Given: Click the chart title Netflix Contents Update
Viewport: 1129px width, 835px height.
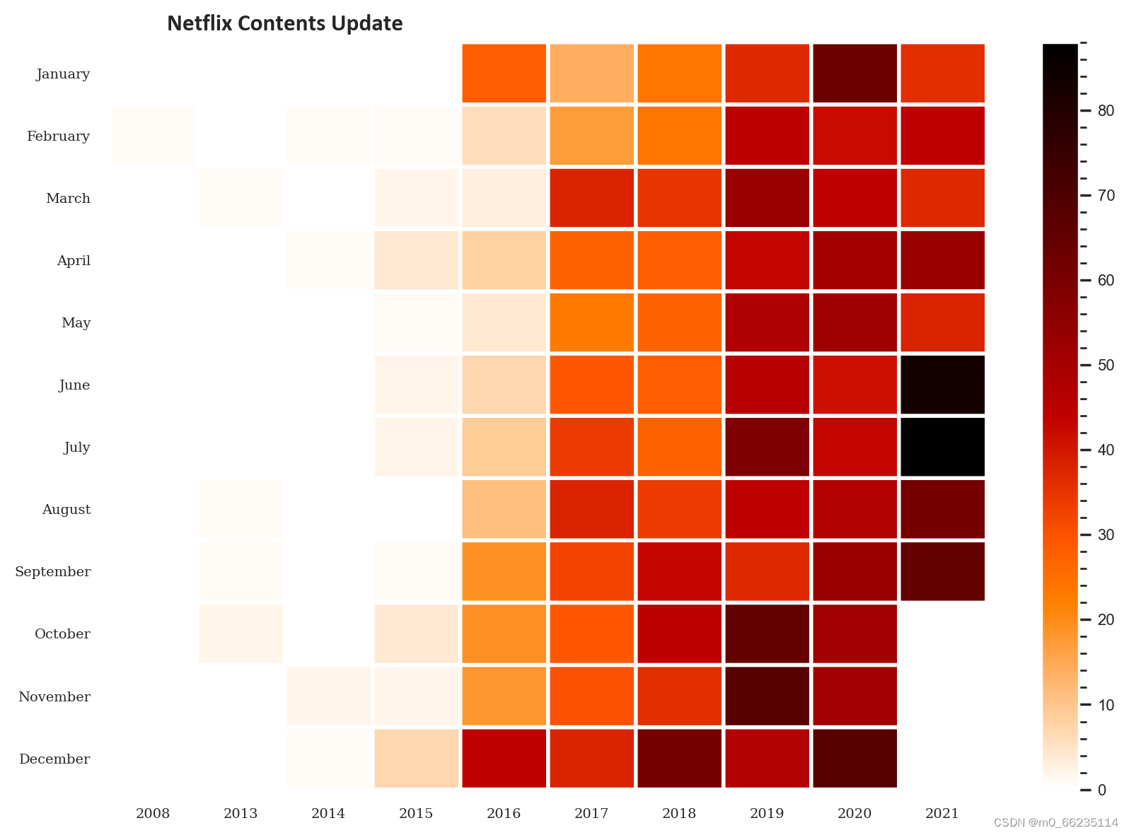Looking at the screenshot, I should [x=284, y=23].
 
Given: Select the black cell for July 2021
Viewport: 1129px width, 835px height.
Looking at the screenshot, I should [x=942, y=447].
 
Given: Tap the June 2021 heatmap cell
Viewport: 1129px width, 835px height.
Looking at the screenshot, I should [x=942, y=385].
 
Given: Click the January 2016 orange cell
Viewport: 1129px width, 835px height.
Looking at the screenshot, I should [x=504, y=74].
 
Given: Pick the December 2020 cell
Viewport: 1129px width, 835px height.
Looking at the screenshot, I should [x=855, y=758].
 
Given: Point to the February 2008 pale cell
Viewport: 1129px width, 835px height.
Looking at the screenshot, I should [x=153, y=136].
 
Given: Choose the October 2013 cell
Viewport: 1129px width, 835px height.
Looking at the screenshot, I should [x=241, y=633].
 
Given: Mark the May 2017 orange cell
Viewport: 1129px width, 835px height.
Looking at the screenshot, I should [x=591, y=322].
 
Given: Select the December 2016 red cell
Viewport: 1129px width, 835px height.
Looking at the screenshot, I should [x=504, y=758].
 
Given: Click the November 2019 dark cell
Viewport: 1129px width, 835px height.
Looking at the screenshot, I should [x=767, y=696].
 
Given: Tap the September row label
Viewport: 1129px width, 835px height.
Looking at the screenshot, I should [x=53, y=571].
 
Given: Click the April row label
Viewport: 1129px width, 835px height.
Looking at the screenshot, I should [x=74, y=260].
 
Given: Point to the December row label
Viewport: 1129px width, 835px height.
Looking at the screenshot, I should [x=54, y=759].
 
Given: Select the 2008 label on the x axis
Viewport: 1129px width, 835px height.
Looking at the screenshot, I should [x=153, y=813].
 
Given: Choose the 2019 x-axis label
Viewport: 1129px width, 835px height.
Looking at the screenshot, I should [x=767, y=813].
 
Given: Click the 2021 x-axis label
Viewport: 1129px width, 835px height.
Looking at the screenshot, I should [x=942, y=813].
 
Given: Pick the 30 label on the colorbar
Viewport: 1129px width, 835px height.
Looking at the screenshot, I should [x=1106, y=535].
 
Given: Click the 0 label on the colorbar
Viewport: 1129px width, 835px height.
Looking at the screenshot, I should [x=1101, y=790].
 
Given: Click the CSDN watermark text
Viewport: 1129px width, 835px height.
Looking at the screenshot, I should [x=1055, y=822].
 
